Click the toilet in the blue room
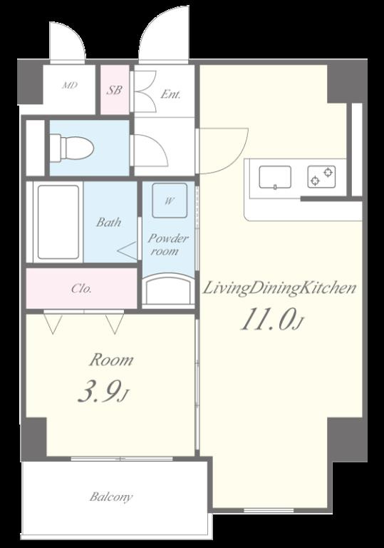coord(71,148)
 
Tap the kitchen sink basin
coord(275,177)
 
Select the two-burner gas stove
coord(321,176)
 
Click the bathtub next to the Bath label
coord(58,222)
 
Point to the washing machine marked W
coord(170,201)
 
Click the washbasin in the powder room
coord(169,291)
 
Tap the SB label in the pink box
coord(114,90)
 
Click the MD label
coord(70,86)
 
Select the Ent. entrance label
coord(170,94)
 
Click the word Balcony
coord(111,497)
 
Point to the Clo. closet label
coord(81,289)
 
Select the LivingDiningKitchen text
coord(279,288)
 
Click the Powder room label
coord(168,245)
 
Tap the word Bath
coord(108,222)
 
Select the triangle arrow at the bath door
coord(127,250)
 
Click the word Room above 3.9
coord(111,360)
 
